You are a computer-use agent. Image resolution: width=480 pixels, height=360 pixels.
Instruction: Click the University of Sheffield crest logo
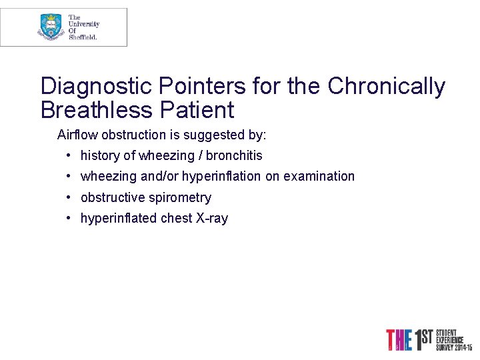(x=51, y=27)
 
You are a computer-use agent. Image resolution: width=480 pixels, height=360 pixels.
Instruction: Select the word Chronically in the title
(x=386, y=86)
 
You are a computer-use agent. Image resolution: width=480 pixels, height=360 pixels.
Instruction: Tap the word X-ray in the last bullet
(x=211, y=218)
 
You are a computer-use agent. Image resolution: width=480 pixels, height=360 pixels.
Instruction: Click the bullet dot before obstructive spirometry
(x=69, y=197)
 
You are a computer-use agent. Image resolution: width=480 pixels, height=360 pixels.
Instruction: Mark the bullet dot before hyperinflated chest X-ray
(x=69, y=218)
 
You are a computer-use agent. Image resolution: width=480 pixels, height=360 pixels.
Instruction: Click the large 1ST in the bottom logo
(x=423, y=339)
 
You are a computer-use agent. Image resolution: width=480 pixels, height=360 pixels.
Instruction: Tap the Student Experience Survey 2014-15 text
(x=453, y=340)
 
